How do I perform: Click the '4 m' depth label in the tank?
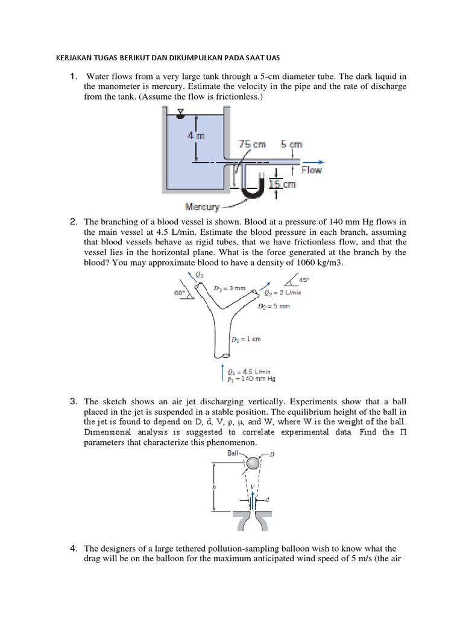197,136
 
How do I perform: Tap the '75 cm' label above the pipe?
251,145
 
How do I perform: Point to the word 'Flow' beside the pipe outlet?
311,170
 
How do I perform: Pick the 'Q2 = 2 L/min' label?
283,293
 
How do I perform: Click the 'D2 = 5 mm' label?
274,307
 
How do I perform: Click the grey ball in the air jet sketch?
253,463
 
